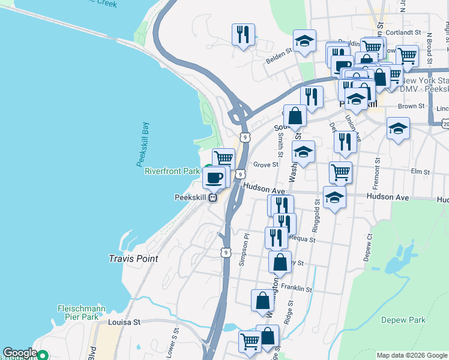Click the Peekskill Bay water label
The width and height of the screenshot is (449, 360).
tap(142, 143)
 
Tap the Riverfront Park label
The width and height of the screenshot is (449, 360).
tap(172, 172)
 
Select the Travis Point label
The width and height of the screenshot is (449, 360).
tap(133, 259)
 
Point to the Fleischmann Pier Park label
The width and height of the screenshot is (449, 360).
tap(81, 313)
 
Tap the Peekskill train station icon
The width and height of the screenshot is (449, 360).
tap(212, 199)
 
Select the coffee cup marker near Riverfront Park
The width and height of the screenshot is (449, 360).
tap(215, 178)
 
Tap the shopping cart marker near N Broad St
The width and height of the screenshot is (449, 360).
tap(408, 56)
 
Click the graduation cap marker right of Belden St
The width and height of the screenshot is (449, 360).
tap(305, 41)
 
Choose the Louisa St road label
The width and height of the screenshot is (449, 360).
tap(124, 322)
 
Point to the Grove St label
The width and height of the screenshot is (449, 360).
tap(266, 164)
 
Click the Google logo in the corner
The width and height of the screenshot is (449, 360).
tap(19, 353)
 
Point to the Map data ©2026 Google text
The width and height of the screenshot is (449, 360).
tap(411, 355)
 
